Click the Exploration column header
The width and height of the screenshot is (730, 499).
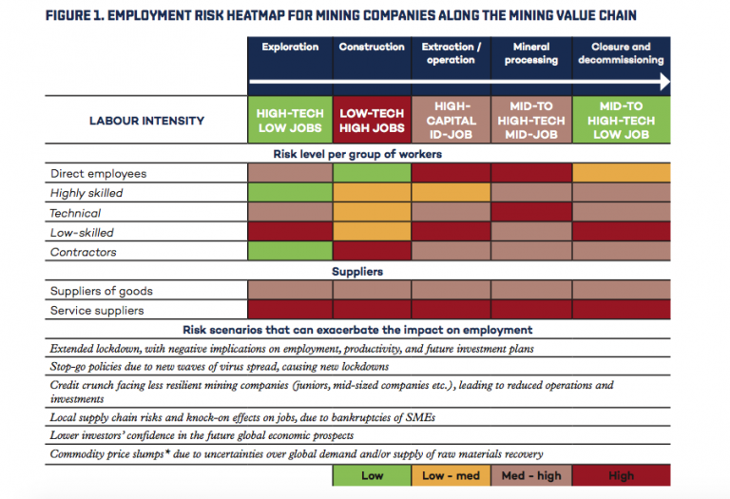point(290,47)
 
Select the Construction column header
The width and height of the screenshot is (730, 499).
point(372,47)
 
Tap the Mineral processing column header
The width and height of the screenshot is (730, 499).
point(530,53)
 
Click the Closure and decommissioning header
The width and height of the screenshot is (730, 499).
point(621,53)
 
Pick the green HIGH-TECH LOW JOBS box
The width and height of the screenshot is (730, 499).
point(290,121)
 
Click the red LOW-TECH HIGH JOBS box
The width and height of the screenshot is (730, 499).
point(372,121)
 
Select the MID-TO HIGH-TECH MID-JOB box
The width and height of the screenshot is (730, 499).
point(530,121)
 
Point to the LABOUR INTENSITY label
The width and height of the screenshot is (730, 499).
point(146,121)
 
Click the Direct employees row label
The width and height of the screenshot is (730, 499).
point(98,174)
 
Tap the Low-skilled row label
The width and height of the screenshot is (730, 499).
point(82,233)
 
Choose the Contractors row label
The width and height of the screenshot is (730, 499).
point(83,252)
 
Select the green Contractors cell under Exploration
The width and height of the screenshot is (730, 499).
point(290,252)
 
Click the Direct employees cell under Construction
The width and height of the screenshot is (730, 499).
point(372,174)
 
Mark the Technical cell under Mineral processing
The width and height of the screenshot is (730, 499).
point(530,213)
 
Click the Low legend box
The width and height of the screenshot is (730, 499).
point(371,474)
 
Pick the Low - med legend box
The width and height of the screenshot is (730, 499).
point(451,474)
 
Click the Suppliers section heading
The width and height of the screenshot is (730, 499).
point(357,272)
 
